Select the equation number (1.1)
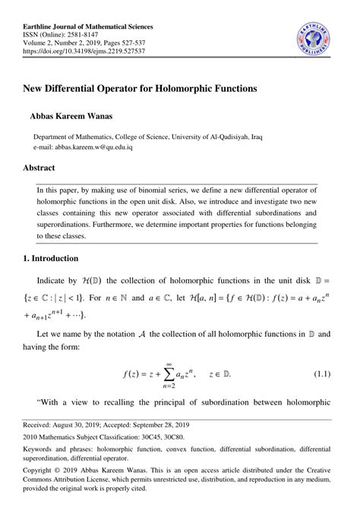point(326,375)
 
